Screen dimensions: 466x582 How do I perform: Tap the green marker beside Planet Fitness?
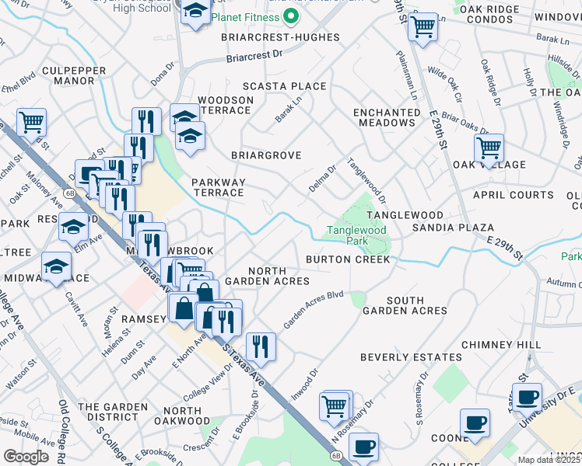[292, 15]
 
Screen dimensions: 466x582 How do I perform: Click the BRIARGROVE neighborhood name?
[265, 155]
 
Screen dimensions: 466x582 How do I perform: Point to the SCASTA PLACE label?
[284, 86]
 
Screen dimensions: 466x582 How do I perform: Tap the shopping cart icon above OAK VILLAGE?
[489, 146]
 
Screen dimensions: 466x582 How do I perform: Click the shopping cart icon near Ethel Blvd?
[31, 121]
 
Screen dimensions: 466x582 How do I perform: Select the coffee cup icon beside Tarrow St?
[527, 397]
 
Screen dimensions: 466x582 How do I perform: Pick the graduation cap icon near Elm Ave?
[73, 226]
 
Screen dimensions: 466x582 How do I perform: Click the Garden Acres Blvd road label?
[313, 309]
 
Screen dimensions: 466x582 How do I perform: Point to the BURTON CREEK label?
[347, 259]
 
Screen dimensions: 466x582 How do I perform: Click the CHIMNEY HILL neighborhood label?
[500, 344]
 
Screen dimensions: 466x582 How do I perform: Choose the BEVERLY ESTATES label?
[411, 357]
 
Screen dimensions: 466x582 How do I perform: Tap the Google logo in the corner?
[26, 456]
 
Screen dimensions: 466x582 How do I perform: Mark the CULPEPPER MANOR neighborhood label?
[68, 75]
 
